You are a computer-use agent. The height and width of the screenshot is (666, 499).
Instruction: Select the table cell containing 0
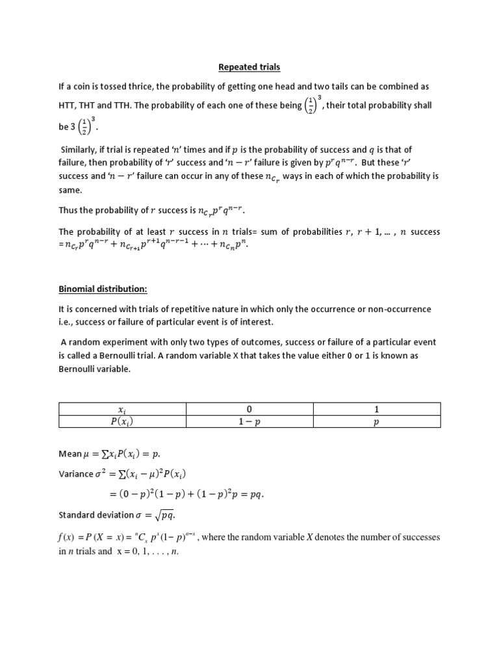pyautogui.click(x=249, y=409)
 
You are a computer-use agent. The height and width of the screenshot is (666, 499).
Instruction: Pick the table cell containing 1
pyautogui.click(x=376, y=409)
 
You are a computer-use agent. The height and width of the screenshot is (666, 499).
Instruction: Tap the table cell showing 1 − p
pyautogui.click(x=249, y=421)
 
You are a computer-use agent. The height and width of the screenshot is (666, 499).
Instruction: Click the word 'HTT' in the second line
pyautogui.click(x=69, y=105)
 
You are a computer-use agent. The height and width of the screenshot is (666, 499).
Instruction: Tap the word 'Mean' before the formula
pyautogui.click(x=70, y=455)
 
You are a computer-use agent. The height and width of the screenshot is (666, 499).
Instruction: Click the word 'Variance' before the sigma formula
pyautogui.click(x=76, y=474)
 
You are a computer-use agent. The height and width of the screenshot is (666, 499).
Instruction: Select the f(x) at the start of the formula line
pyautogui.click(x=68, y=538)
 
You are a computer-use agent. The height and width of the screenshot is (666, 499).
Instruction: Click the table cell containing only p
pyautogui.click(x=376, y=421)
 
